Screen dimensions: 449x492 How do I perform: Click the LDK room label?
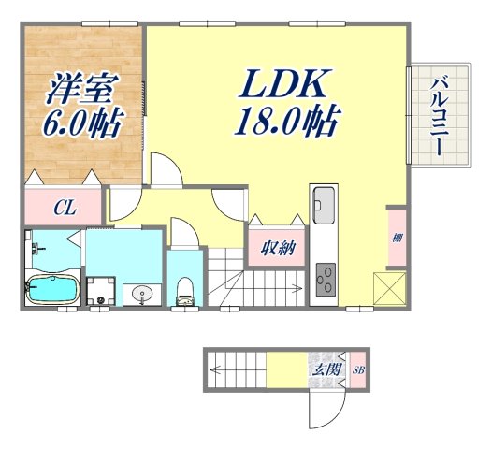tap(285, 87)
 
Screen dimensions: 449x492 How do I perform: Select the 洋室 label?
tap(81, 91)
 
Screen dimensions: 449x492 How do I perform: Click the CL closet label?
tap(65, 207)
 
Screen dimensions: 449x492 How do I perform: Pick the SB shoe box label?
tap(358, 369)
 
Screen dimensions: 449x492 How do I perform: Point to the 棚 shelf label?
tap(397, 238)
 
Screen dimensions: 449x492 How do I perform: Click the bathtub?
tap(51, 291)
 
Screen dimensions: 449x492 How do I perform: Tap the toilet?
tap(185, 290)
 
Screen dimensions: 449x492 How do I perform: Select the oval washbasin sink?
tap(141, 294)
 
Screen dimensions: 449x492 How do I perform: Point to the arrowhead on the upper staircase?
tap(299, 288)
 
